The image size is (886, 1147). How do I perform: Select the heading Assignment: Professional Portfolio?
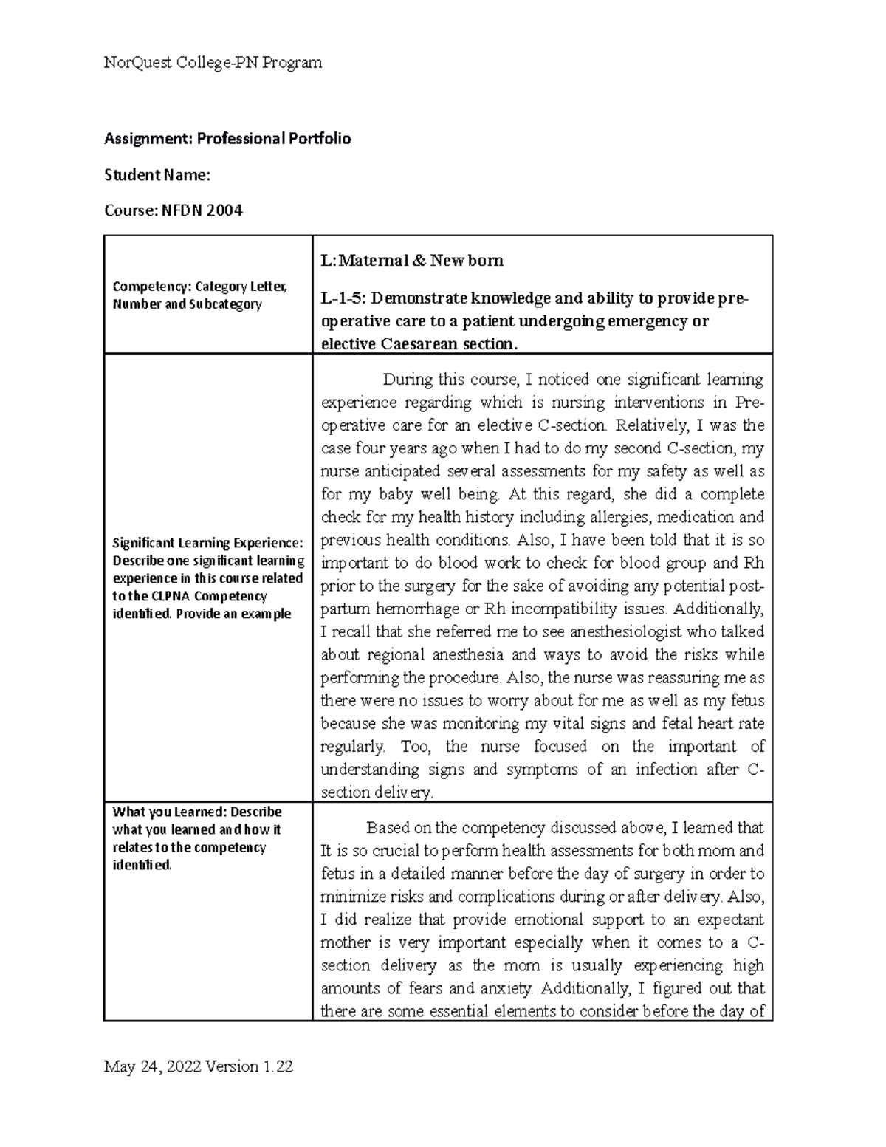pyautogui.click(x=227, y=138)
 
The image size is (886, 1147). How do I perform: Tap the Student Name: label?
pyautogui.click(x=157, y=175)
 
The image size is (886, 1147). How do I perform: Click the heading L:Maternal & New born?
pyautogui.click(x=412, y=260)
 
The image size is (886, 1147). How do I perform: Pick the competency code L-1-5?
pyautogui.click(x=343, y=298)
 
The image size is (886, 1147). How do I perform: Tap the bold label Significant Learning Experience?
pyautogui.click(x=207, y=543)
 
